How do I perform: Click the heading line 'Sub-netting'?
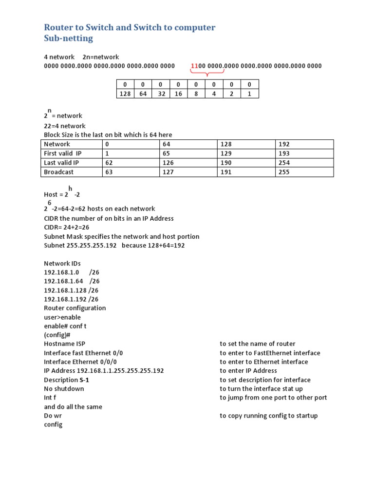(68, 38)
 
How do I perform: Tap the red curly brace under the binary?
(208, 74)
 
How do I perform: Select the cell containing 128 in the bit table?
(125, 94)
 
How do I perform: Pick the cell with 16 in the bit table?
(178, 94)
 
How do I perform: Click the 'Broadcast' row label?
(59, 172)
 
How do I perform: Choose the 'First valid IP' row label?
(63, 154)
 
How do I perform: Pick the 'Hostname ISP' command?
(64, 344)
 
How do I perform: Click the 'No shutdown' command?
(64, 389)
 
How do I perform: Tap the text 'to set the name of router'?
(257, 344)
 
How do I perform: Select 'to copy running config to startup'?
(269, 416)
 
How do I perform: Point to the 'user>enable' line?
(62, 317)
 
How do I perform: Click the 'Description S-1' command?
(68, 380)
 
